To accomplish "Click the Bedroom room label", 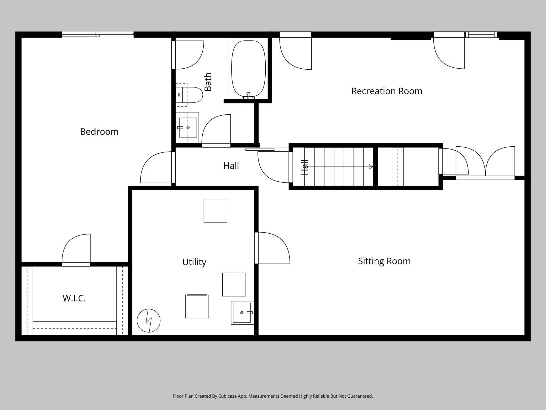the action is [99, 132].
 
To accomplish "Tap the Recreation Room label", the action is [387, 91].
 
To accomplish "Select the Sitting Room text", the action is [384, 261].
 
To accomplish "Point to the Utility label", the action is [194, 262].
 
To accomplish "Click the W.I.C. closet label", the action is [74, 298].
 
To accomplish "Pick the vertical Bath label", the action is [208, 82].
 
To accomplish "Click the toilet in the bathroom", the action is [189, 95].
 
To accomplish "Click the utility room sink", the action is [242, 312].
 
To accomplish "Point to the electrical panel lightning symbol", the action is [149, 320].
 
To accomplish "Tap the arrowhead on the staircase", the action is [371, 167].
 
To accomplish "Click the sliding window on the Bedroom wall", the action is [98, 34].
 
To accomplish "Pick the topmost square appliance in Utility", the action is [215, 211].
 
